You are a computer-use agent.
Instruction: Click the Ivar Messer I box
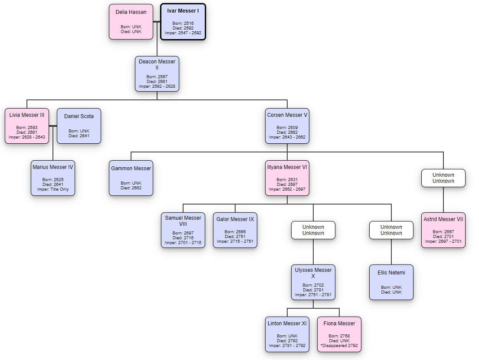coord(183,22)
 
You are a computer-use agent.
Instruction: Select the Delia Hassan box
coord(131,22)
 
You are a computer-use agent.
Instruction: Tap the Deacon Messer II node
coord(157,74)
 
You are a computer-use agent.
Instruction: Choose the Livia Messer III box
coord(27,126)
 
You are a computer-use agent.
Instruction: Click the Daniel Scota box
coord(79,126)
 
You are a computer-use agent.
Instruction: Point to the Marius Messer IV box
coord(53,178)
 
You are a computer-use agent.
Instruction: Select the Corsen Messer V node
coord(287,126)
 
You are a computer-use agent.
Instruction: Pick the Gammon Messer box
coord(131,178)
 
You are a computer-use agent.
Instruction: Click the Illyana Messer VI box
coord(287,178)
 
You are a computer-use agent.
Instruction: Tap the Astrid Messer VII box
coord(443,230)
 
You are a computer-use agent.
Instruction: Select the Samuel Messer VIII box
coord(183,230)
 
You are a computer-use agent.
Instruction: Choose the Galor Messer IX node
coord(235,230)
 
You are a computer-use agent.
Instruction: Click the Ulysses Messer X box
coord(313,282)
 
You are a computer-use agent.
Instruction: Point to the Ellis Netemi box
coord(391,282)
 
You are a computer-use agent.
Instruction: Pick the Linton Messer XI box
coord(287,334)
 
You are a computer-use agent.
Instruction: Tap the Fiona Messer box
coord(339,334)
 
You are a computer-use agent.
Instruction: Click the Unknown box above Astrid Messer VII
coord(443,178)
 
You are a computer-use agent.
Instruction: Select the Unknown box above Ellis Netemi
coord(391,230)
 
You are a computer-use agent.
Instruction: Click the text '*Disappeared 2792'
coord(339,346)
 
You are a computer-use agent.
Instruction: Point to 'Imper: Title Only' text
coord(53,189)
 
